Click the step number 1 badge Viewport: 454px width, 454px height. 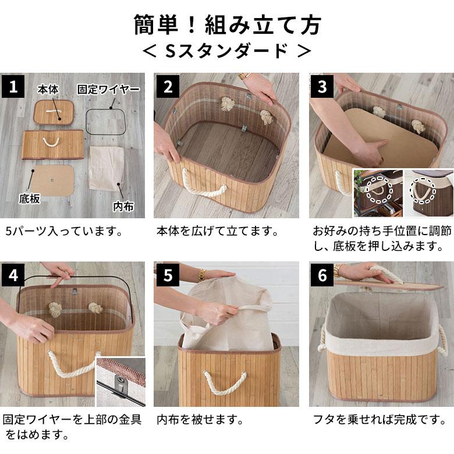pyautogui.click(x=13, y=87)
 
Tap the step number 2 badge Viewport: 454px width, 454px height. pyautogui.click(x=168, y=87)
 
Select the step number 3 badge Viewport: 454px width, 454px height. pyautogui.click(x=322, y=87)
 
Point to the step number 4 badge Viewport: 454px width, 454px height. pyautogui.click(x=13, y=275)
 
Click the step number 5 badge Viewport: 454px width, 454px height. pyautogui.click(x=168, y=275)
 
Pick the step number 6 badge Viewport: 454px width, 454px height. pyautogui.click(x=322, y=275)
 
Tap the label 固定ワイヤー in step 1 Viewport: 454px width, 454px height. pyautogui.click(x=108, y=89)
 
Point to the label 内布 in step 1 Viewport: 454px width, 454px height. pyautogui.click(x=123, y=207)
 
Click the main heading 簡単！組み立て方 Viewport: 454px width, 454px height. pyautogui.click(x=227, y=25)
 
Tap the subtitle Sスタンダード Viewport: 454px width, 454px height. pyautogui.click(x=227, y=51)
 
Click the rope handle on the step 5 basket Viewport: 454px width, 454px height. pyautogui.click(x=224, y=381)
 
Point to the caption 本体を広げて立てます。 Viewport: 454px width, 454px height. pyautogui.click(x=217, y=231)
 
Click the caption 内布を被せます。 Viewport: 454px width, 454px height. pyautogui.click(x=200, y=420)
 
